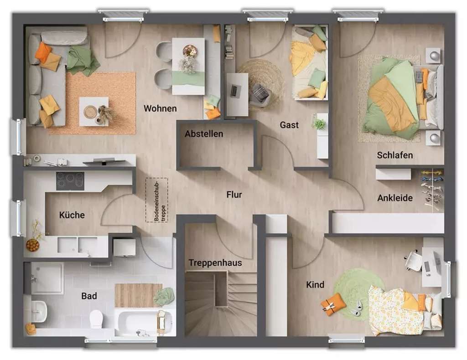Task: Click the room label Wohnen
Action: click(160, 108)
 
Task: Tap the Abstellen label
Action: click(204, 134)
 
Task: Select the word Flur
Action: click(234, 195)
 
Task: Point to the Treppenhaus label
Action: click(215, 263)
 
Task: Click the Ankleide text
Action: click(395, 198)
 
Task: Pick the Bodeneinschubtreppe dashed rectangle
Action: click(156, 200)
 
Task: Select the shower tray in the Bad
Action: click(47, 278)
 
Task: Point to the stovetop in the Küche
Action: click(70, 181)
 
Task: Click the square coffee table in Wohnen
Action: click(93, 111)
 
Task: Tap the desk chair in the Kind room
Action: click(414, 261)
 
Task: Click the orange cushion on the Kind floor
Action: click(333, 304)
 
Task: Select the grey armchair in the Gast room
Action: click(260, 94)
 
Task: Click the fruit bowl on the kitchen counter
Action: click(32, 245)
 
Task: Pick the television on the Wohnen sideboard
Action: click(104, 161)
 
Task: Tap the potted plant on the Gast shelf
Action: click(320, 123)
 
